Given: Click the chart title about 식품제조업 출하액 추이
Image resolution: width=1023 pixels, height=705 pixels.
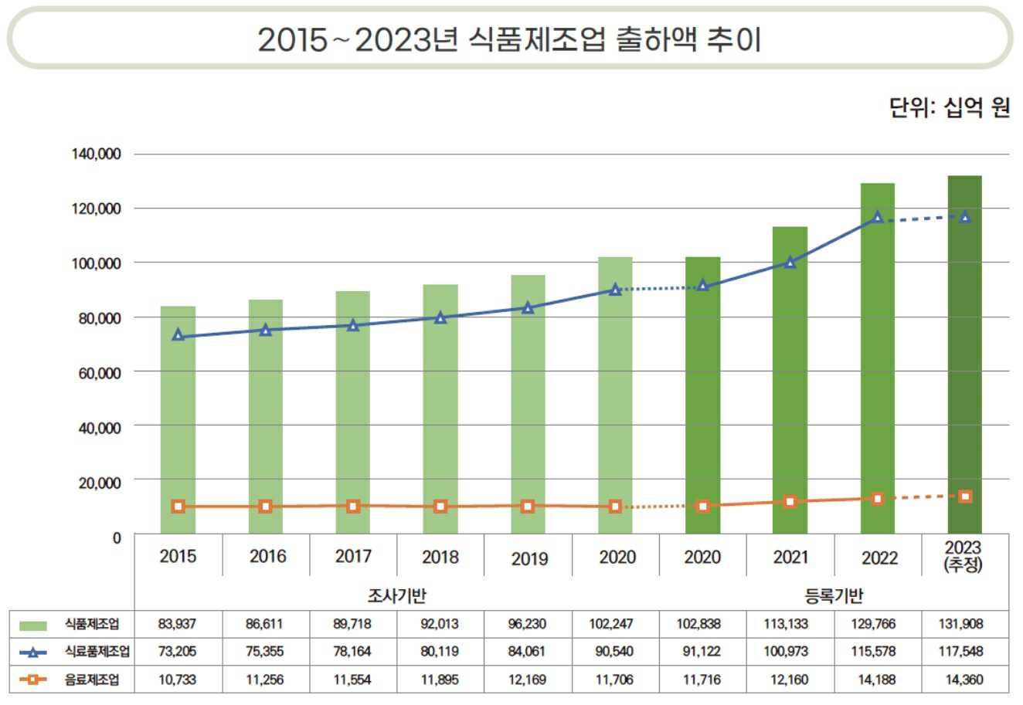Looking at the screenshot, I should (x=510, y=39).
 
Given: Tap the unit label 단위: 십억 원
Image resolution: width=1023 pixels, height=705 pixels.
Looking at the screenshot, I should (x=950, y=108).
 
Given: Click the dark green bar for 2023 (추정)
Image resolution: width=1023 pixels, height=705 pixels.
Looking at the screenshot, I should (x=965, y=355).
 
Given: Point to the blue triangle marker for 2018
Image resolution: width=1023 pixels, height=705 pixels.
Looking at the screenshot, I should (x=440, y=317).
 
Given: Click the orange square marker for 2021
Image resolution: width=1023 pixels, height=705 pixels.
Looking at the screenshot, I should (x=790, y=502).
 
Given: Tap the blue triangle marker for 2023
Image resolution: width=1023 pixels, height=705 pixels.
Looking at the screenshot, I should (x=965, y=217).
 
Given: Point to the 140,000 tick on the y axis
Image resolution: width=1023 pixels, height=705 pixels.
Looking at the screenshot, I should (x=97, y=154).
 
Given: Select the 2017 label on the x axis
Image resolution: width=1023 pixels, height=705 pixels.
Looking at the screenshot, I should (x=353, y=556).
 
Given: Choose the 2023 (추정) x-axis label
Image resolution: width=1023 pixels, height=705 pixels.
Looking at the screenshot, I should (x=963, y=557).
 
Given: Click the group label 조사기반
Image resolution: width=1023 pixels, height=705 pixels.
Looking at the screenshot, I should (x=396, y=595).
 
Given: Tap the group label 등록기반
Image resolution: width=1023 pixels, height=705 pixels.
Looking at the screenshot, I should (x=834, y=595).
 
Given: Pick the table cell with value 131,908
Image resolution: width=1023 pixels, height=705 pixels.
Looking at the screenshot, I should (x=962, y=624).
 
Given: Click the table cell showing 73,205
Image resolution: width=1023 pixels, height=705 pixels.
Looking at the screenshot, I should (x=178, y=652).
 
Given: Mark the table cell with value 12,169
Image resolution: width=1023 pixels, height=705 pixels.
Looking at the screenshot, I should (x=528, y=680).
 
